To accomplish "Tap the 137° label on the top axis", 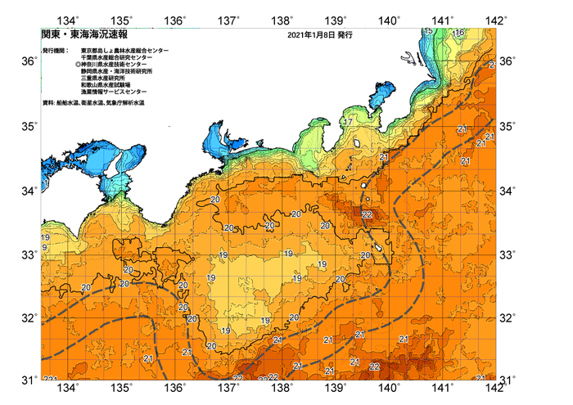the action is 229,19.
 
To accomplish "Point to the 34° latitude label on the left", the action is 29,191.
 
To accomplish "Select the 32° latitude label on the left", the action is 29,317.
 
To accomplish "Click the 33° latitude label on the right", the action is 508,255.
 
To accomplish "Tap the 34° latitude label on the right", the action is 508,191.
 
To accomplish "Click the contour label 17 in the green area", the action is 348,122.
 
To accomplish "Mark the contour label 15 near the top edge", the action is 429,31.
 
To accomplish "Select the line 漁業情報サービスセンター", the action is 114,92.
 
